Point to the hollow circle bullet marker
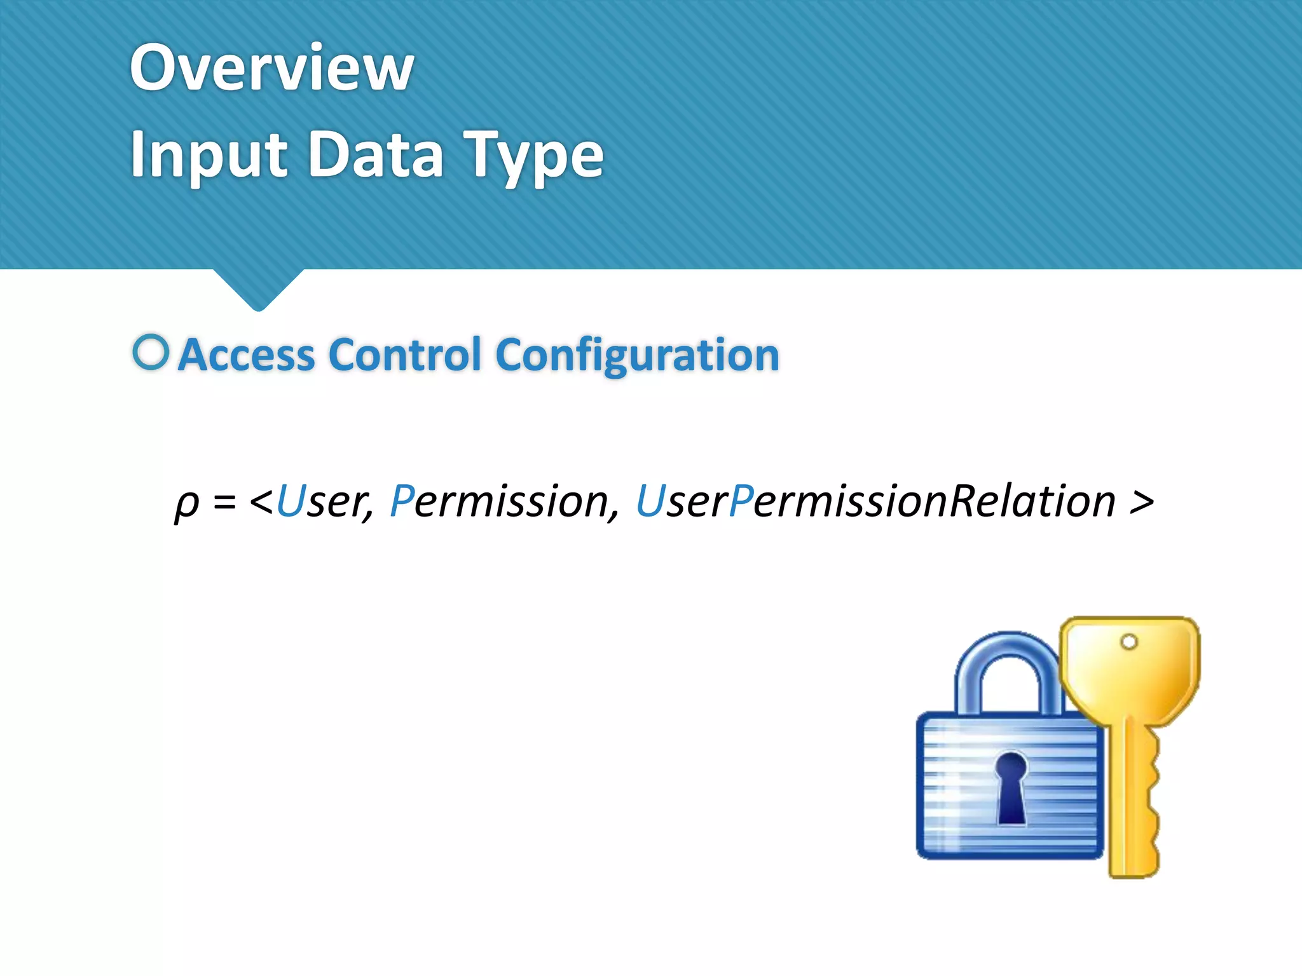pyautogui.click(x=151, y=352)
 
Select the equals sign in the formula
pyautogui.click(x=224, y=502)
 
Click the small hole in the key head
pyautogui.click(x=1129, y=642)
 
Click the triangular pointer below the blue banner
pyautogui.click(x=258, y=289)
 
